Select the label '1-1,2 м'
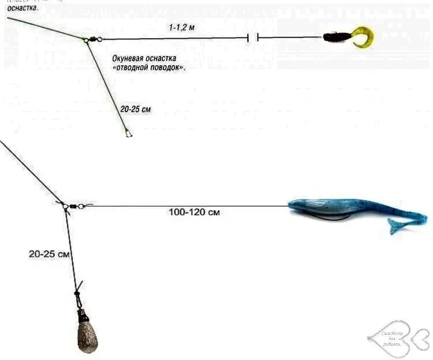182,27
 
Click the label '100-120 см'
194,212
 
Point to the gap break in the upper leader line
252,38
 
